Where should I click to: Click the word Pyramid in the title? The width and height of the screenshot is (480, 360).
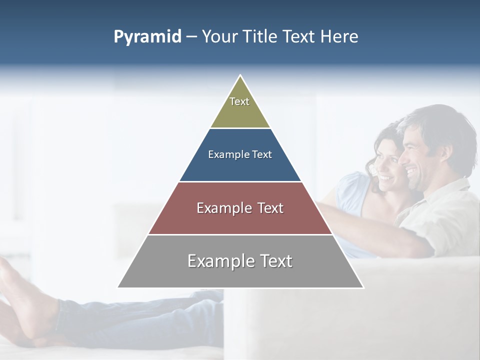pos(147,37)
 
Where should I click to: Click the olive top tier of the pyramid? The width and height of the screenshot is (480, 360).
pos(240,112)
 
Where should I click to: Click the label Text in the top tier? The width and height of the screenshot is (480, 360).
pos(239,101)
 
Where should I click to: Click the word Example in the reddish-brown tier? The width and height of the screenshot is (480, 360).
pos(222,208)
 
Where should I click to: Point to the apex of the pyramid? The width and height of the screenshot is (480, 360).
pos(240,76)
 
